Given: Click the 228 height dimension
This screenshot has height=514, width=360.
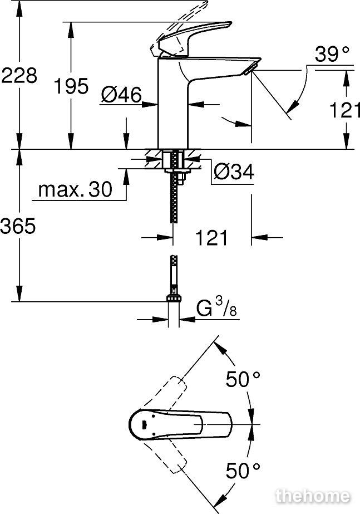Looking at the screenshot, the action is click(19, 76).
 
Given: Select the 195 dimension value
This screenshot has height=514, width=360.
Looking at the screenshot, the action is click(71, 86).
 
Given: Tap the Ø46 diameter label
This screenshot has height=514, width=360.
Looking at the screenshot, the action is click(121, 95).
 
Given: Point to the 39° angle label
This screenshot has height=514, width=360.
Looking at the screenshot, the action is click(332, 54).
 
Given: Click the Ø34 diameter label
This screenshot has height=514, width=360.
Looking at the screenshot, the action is click(234, 172).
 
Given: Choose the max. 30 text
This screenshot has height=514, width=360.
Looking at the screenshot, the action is click(75, 189).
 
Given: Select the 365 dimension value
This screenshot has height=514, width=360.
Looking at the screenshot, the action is click(18, 226).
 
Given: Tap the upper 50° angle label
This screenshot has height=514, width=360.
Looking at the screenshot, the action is click(243, 380).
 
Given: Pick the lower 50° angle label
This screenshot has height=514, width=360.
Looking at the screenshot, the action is click(243, 471).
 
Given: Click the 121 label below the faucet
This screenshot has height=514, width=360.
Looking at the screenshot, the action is click(211, 238).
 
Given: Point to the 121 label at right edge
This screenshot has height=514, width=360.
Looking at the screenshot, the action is click(344, 110).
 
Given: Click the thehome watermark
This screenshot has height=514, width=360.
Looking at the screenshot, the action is click(313, 496).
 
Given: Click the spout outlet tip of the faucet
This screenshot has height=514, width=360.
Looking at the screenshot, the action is click(250, 70).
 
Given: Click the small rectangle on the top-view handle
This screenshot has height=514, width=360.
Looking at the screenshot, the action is click(144, 424).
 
